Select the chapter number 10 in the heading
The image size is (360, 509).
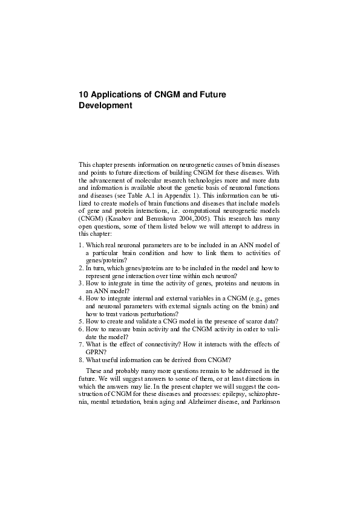[x=84, y=95]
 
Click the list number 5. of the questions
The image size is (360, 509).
[x=81, y=321]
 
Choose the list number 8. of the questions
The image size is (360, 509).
[x=81, y=360]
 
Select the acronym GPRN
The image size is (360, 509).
[x=96, y=352]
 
